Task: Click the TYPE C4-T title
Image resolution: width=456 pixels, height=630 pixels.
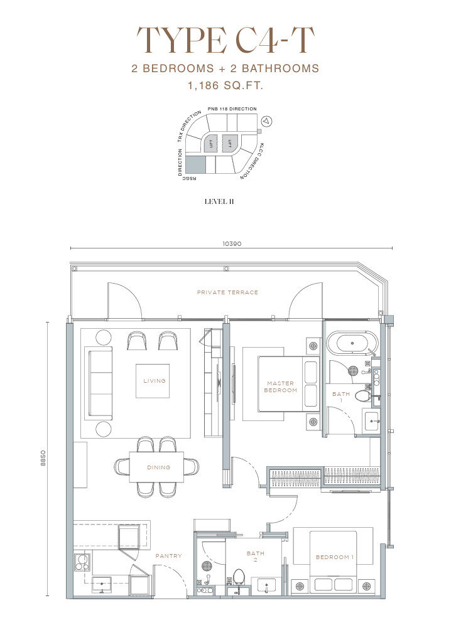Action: (225, 40)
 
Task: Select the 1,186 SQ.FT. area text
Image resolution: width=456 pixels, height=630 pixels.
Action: (225, 85)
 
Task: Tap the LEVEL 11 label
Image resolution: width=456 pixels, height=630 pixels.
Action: (219, 201)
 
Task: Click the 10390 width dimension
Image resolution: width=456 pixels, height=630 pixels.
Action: (232, 243)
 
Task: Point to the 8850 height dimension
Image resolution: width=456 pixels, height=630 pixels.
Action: (43, 458)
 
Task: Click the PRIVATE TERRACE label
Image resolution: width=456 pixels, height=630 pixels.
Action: (227, 292)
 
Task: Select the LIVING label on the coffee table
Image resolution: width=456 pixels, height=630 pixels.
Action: (155, 380)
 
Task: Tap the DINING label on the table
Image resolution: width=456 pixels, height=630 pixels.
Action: (158, 467)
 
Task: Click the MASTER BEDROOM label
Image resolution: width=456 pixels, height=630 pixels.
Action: (280, 387)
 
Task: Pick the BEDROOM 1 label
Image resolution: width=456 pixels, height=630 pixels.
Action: (335, 557)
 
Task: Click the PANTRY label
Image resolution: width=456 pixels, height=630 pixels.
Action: (168, 556)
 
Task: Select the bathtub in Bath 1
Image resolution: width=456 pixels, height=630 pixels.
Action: (352, 343)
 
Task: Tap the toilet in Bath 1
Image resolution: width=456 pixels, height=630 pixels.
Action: (363, 395)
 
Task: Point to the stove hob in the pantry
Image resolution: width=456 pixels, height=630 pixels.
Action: (82, 562)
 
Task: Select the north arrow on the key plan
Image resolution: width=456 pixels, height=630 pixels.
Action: (266, 121)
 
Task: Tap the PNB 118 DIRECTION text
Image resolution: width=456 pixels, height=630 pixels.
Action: (232, 109)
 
